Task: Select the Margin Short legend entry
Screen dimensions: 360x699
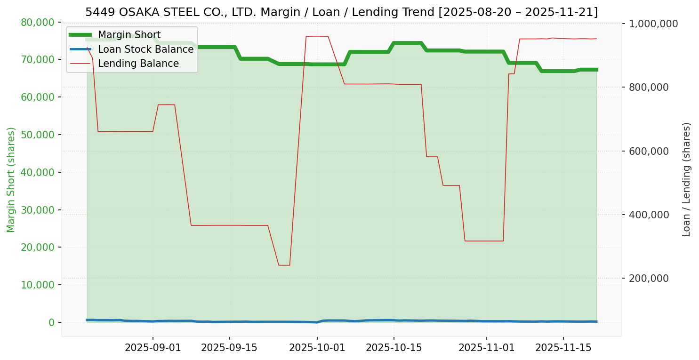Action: coord(129,35)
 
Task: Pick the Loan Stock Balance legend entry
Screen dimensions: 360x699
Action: coord(145,49)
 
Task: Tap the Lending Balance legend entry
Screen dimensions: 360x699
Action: coord(138,64)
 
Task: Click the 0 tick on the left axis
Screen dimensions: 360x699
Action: coord(52,322)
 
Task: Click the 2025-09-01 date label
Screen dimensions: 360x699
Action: coord(153,348)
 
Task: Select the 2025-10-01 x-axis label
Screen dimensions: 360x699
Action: coord(317,348)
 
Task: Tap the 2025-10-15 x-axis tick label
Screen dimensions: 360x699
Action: coord(394,348)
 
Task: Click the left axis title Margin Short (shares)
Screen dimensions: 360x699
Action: coord(11,180)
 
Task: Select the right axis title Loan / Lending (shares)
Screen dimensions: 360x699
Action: coord(687,179)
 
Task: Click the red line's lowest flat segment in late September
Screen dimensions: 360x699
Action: coord(284,265)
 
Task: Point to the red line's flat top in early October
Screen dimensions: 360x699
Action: coord(317,36)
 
